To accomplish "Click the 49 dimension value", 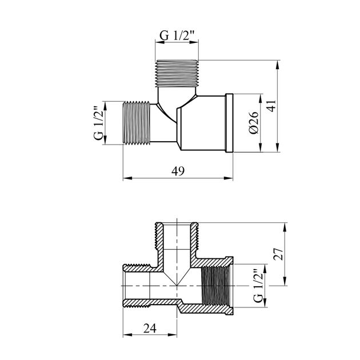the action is tap(178, 171).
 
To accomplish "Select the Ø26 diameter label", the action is tap(254, 123).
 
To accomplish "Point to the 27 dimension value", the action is tap(278, 254).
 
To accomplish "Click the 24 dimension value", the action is tap(150, 328).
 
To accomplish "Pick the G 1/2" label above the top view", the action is tap(177, 35).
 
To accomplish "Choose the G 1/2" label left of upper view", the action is tap(99, 123).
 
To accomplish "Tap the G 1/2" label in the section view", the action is tap(258, 286).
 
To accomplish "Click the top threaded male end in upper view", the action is tap(177, 74).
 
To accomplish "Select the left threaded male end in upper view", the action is tap(137, 123).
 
